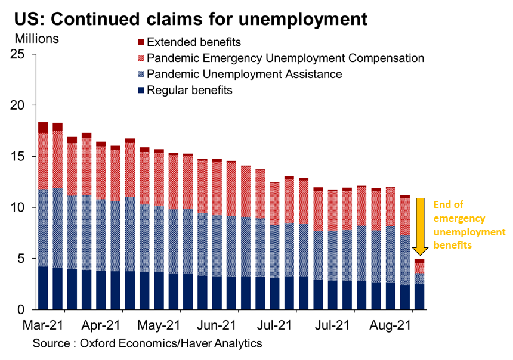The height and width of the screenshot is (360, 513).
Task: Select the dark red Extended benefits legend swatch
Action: click(x=141, y=42)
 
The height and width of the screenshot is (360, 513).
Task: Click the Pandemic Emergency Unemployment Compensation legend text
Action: click(x=285, y=58)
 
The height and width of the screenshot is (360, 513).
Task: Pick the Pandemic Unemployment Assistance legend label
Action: click(x=244, y=75)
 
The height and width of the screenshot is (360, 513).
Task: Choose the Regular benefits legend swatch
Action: click(x=141, y=91)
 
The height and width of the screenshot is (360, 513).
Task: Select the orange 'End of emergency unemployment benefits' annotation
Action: click(x=468, y=225)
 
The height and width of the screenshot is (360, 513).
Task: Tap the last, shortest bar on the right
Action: click(x=420, y=285)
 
